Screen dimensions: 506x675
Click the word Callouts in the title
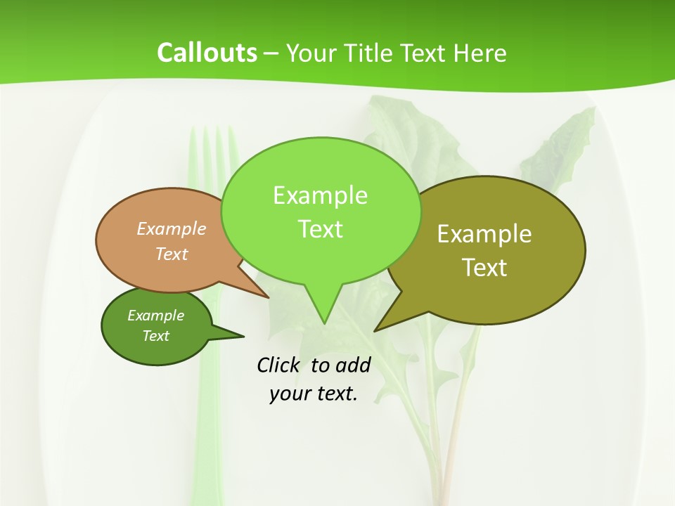(x=207, y=53)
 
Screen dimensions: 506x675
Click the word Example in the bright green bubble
(x=320, y=195)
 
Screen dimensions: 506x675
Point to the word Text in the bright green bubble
(x=320, y=229)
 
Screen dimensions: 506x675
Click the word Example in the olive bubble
(x=484, y=234)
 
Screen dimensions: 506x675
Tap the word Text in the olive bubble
(x=484, y=268)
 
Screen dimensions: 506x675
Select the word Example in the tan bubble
(x=172, y=228)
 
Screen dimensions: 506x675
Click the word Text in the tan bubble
(x=172, y=254)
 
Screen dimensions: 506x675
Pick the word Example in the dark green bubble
(x=155, y=316)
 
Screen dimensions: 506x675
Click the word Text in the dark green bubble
(x=155, y=336)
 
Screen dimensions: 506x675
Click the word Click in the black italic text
(x=279, y=365)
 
